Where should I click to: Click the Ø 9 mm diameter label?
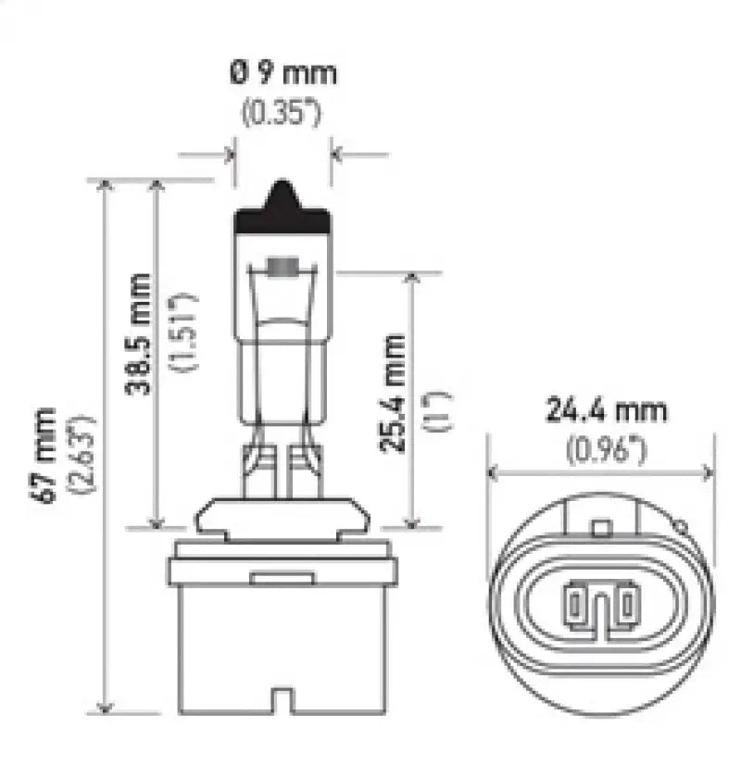click(283, 73)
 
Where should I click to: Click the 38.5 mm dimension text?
click(138, 333)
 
